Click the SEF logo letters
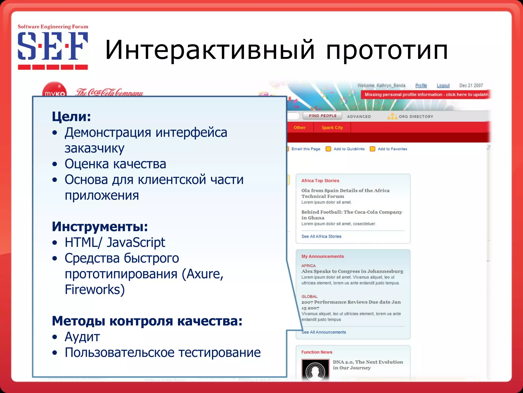tap(53, 46)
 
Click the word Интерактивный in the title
tap(209, 50)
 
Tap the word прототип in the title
tap(387, 50)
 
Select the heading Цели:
tap(71, 117)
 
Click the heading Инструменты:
tap(100, 226)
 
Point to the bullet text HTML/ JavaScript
tap(115, 242)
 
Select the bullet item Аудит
tap(82, 337)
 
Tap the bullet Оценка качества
tap(115, 164)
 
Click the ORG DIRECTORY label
tap(416, 117)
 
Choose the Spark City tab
tap(332, 128)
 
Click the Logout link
tap(443, 85)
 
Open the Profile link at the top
tap(421, 85)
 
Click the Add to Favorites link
tap(392, 149)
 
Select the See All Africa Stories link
tap(321, 236)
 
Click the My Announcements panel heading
tap(323, 256)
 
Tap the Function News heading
tap(317, 352)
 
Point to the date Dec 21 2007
tap(471, 85)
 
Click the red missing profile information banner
tap(426, 95)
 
